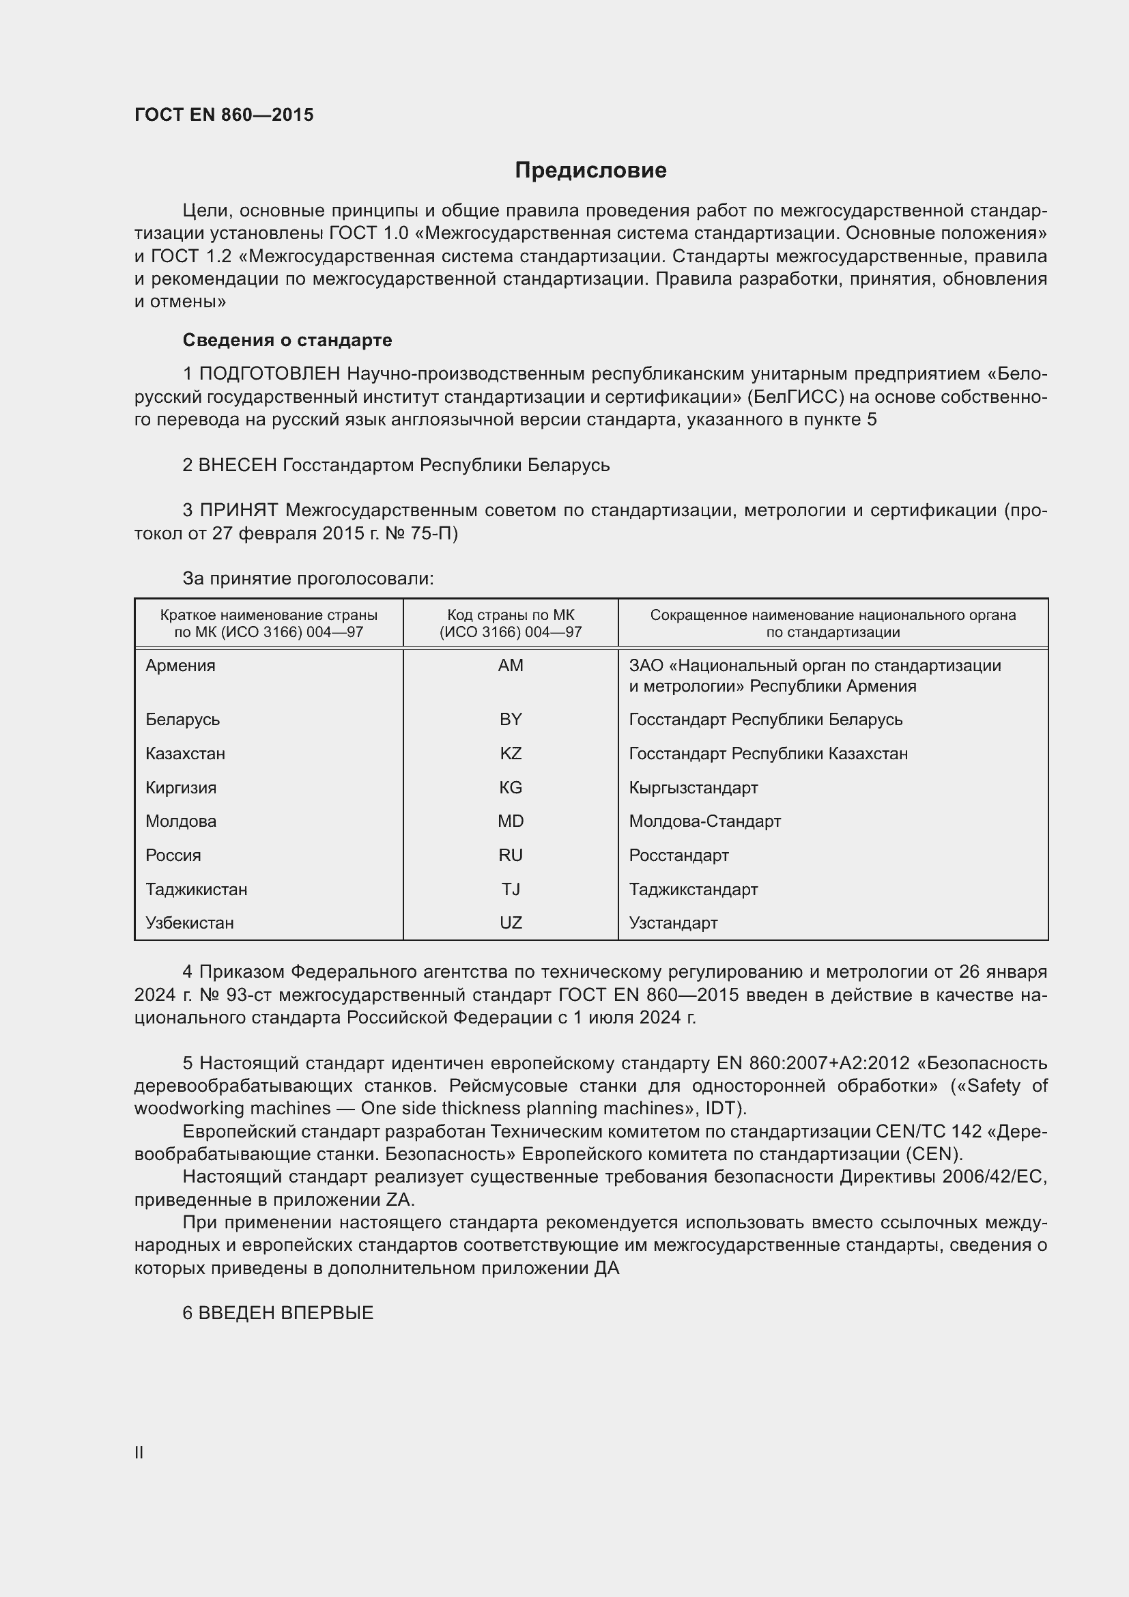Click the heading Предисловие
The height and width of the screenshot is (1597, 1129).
pyautogui.click(x=590, y=171)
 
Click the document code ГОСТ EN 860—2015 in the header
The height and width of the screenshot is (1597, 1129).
pyautogui.click(x=224, y=115)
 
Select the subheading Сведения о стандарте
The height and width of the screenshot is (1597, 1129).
pyautogui.click(x=287, y=340)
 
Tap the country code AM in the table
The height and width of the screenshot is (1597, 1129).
pyautogui.click(x=511, y=666)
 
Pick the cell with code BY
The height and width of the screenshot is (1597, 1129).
pyautogui.click(x=511, y=719)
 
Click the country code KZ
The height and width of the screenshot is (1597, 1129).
pyautogui.click(x=511, y=753)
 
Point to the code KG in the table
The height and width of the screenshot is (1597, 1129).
pyautogui.click(x=511, y=787)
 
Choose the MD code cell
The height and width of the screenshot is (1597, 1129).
pyautogui.click(x=511, y=821)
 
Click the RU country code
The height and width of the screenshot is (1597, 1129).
pyautogui.click(x=511, y=855)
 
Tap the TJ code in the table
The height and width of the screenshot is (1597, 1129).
pyautogui.click(x=511, y=889)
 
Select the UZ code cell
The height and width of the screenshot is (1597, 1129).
pyautogui.click(x=511, y=922)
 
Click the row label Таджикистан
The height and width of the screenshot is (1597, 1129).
pyautogui.click(x=196, y=889)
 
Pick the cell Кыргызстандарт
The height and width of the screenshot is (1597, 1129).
pyautogui.click(x=693, y=787)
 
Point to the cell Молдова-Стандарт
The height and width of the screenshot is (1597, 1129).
pyautogui.click(x=705, y=821)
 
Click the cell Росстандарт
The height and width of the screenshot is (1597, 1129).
pyautogui.click(x=678, y=855)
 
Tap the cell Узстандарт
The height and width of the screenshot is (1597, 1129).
pyautogui.click(x=673, y=922)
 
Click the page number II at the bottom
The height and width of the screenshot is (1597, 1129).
pyautogui.click(x=139, y=1452)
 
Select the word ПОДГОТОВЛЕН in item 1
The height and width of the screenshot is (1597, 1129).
pyautogui.click(x=270, y=374)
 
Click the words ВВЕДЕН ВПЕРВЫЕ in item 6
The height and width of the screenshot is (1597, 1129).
pyautogui.click(x=286, y=1312)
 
